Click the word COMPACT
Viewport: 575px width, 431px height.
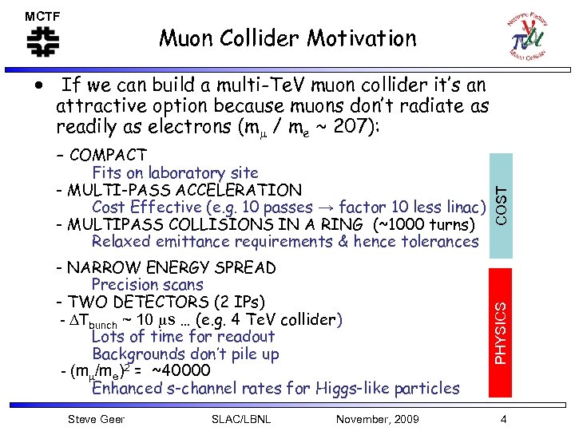(108, 156)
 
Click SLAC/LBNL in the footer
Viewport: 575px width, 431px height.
(240, 419)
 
